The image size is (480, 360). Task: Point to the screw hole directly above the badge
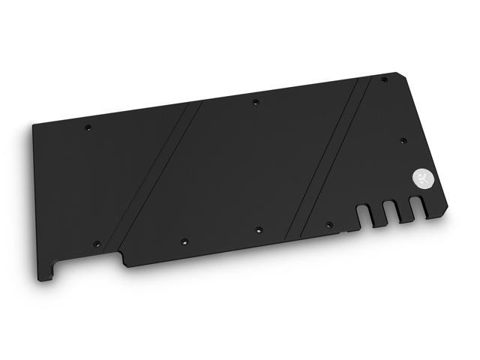[403, 140]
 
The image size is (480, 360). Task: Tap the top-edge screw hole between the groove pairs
[255, 100]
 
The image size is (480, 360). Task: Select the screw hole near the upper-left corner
[88, 127]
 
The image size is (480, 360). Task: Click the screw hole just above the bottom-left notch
[96, 244]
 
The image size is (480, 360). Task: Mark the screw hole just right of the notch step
[184, 241]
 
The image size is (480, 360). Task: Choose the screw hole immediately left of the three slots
[328, 223]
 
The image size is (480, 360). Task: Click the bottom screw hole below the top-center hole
[258, 230]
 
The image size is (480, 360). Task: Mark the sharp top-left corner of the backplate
[33, 125]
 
